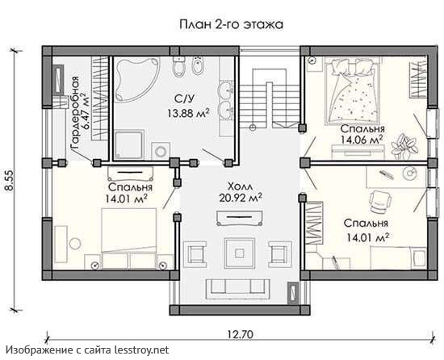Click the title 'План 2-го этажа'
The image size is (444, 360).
231,24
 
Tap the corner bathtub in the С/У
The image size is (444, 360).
136,77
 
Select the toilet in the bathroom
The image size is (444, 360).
178,66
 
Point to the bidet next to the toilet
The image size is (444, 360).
198,66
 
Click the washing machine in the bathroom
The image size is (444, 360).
161,152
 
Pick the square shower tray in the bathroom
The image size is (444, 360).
129,145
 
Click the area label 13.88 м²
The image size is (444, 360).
188,113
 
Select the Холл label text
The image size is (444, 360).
241,186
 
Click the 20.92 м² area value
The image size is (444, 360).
241,198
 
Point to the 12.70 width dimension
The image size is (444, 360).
240,334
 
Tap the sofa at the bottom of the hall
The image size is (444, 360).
237,290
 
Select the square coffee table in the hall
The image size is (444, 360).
240,253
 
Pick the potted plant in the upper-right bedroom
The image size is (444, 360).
404,147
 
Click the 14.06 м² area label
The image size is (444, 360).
362,140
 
